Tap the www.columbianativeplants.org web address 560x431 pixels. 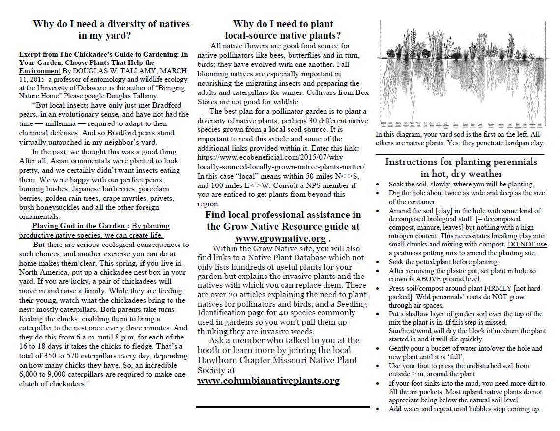pos(268,380)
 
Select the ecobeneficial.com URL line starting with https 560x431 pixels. pos(271,157)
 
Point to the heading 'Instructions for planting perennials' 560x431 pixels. pos(461,162)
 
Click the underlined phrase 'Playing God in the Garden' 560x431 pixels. pos(78,226)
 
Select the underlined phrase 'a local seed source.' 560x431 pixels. pos(295,129)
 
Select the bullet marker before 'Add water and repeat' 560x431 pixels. pos(378,409)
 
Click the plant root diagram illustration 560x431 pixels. pos(462,73)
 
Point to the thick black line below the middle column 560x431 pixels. pos(283,407)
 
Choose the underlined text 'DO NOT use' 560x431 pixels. pos(527,245)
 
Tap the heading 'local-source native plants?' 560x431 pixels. pos(283,35)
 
